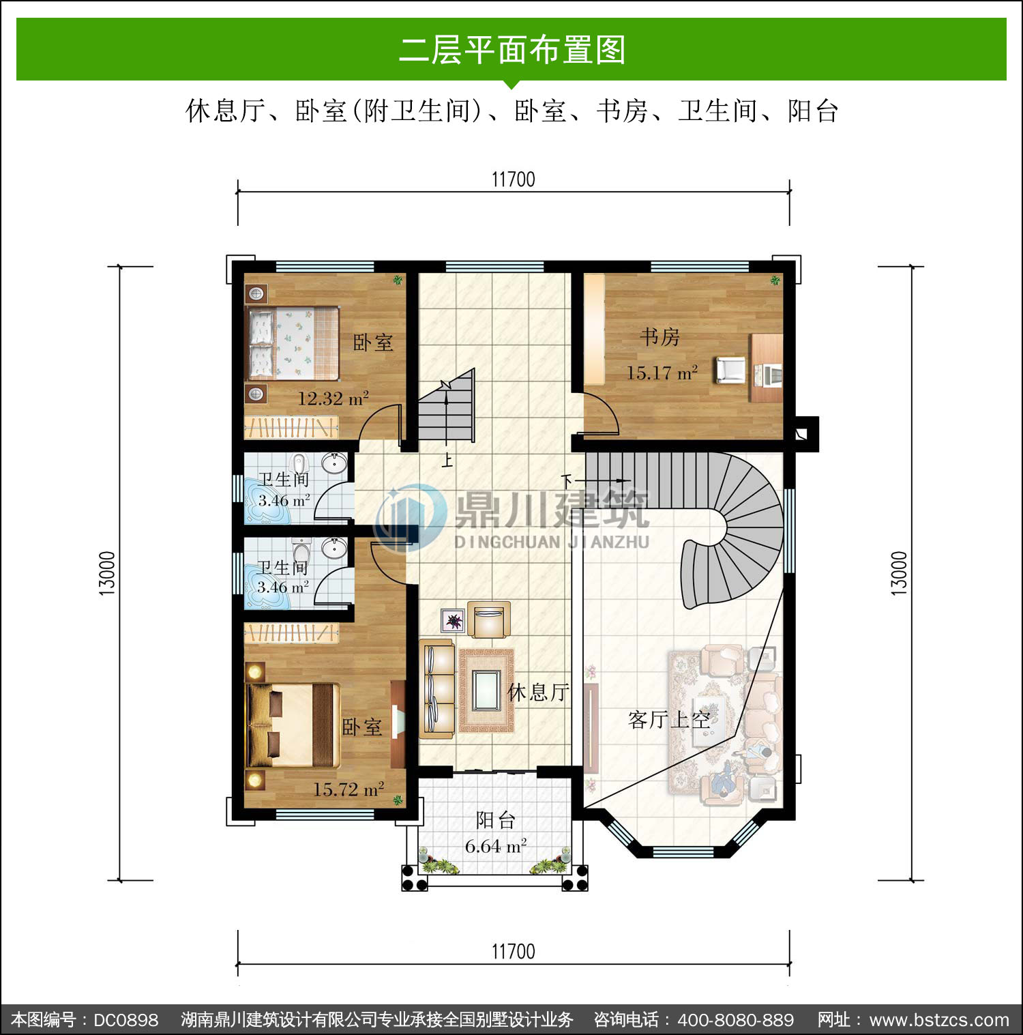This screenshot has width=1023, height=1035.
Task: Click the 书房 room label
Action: click(x=659, y=337)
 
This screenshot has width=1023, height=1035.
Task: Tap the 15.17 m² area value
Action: click(x=662, y=373)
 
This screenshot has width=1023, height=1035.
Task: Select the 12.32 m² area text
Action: click(x=333, y=398)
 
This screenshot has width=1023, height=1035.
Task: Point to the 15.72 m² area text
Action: click(x=349, y=789)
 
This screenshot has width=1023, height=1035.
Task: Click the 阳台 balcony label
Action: click(x=495, y=820)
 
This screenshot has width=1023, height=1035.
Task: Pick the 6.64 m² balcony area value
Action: click(x=496, y=846)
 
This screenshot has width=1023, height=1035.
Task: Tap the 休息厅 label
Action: click(x=538, y=692)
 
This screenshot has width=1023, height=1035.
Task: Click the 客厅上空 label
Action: click(x=669, y=719)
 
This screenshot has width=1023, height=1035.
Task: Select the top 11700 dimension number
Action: click(x=514, y=179)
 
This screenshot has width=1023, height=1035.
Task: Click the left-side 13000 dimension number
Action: click(x=108, y=573)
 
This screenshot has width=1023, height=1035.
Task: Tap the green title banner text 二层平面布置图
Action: click(x=512, y=50)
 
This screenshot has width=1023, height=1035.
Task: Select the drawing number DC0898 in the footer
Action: click(x=125, y=1020)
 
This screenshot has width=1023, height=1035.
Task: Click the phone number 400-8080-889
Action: click(x=736, y=1020)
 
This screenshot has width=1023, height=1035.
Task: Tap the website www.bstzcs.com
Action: click(x=939, y=1020)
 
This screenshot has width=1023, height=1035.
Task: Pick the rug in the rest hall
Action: click(x=487, y=690)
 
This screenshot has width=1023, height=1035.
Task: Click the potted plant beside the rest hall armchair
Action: click(x=453, y=621)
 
